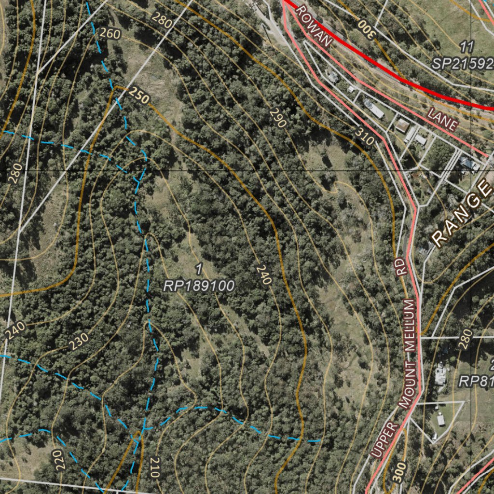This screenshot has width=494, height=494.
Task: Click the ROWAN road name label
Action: tap(314, 27)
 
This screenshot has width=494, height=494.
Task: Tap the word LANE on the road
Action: tap(442, 119)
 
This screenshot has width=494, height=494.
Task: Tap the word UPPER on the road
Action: tap(384, 439)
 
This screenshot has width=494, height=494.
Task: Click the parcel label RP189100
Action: tap(199, 286)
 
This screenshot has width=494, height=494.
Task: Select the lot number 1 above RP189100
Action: tap(199, 268)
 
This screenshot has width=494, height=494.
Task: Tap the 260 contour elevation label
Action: tap(110, 33)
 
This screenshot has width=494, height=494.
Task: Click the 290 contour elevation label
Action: tap(278, 118)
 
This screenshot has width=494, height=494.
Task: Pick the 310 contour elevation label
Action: tap(365, 136)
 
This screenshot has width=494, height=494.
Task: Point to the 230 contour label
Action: tap(78, 342)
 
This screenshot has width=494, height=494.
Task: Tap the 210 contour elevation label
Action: tap(154, 467)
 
